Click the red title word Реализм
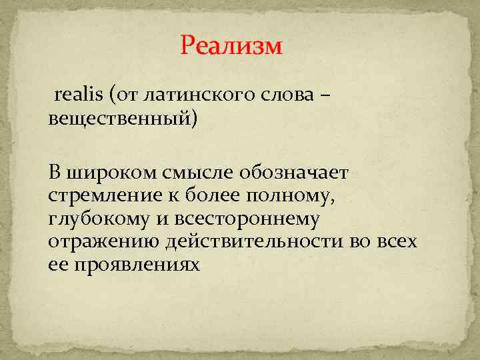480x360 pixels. pos(231,46)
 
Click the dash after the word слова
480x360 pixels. pos(324,96)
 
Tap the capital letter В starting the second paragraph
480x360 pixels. pos(54,173)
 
